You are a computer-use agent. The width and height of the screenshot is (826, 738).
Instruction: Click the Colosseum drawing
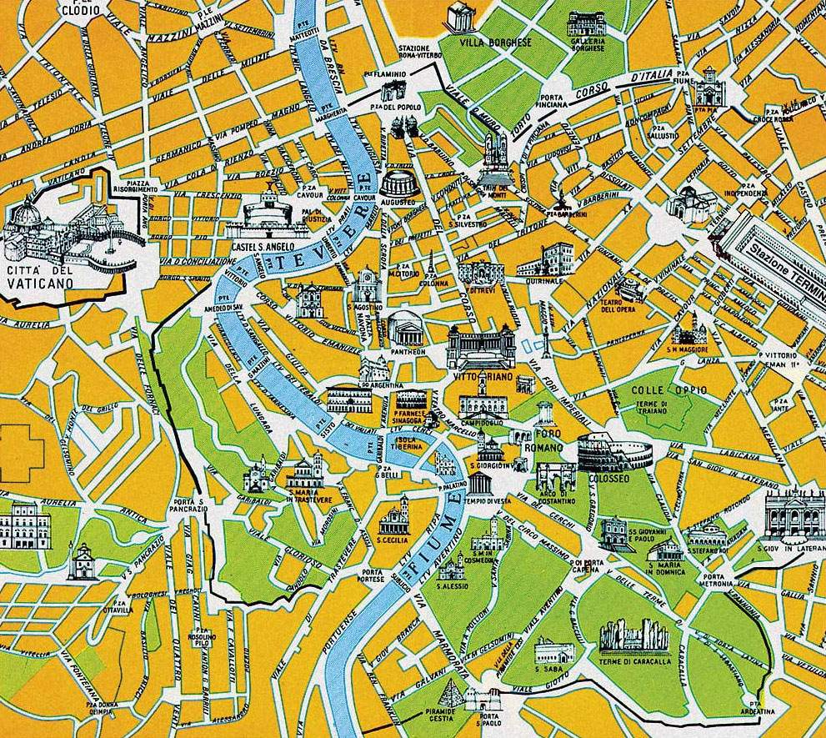pyautogui.click(x=614, y=451)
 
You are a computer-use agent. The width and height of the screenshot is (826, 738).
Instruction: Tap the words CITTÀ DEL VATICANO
pyautogui.click(x=39, y=277)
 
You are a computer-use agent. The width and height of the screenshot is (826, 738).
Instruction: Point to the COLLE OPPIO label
pyautogui.click(x=657, y=389)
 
